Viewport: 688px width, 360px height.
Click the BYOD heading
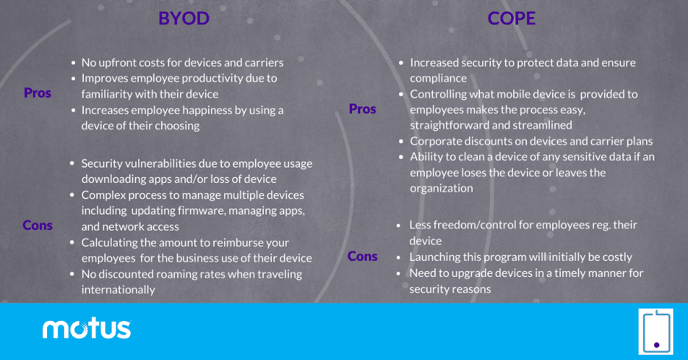[x=184, y=18]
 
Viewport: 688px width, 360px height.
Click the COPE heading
[x=512, y=18]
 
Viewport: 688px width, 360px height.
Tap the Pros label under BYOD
[x=37, y=93]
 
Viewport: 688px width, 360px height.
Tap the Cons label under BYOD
[x=37, y=226]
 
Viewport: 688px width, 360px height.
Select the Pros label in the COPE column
[x=362, y=109]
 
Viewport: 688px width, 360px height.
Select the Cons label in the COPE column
[x=362, y=256]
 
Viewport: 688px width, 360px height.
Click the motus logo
[x=87, y=329]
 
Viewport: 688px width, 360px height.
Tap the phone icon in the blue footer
[x=656, y=331]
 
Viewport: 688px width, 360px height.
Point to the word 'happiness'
[x=209, y=110]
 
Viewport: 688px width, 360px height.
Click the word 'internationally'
[x=118, y=290]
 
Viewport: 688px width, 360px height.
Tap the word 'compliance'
[x=438, y=79]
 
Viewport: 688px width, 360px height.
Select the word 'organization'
[x=442, y=189]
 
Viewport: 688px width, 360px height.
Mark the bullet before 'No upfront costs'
[x=74, y=63]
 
